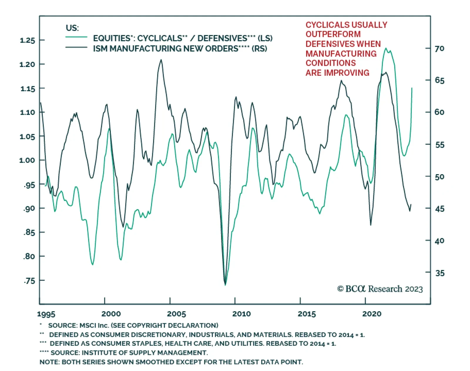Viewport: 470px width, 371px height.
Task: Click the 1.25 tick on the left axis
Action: pyautogui.click(x=27, y=40)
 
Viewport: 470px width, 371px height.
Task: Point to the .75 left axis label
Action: pyautogui.click(x=29, y=281)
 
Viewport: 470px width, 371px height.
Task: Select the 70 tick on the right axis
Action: pyautogui.click(x=439, y=48)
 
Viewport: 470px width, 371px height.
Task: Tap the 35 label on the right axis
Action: pyautogui.click(x=440, y=273)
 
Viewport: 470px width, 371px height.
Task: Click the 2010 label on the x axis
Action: pyautogui.click(x=241, y=314)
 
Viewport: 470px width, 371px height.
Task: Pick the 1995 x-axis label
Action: pyautogui.click(x=46, y=314)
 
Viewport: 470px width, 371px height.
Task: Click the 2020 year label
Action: pyautogui.click(x=372, y=314)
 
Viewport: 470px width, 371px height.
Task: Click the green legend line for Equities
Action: pyautogui.click(x=76, y=37)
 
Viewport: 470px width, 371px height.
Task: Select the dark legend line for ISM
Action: pyautogui.click(x=76, y=48)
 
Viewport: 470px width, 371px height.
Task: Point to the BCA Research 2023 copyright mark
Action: pyautogui.click(x=380, y=289)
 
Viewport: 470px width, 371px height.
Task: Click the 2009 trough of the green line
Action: pyautogui.click(x=225, y=285)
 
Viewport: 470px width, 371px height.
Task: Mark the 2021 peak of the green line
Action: pyautogui.click(x=386, y=48)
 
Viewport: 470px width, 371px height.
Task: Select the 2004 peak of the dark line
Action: pyautogui.click(x=161, y=60)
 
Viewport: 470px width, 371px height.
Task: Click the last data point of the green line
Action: pyautogui.click(x=412, y=88)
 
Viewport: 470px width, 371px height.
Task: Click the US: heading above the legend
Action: pyautogui.click(x=72, y=28)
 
